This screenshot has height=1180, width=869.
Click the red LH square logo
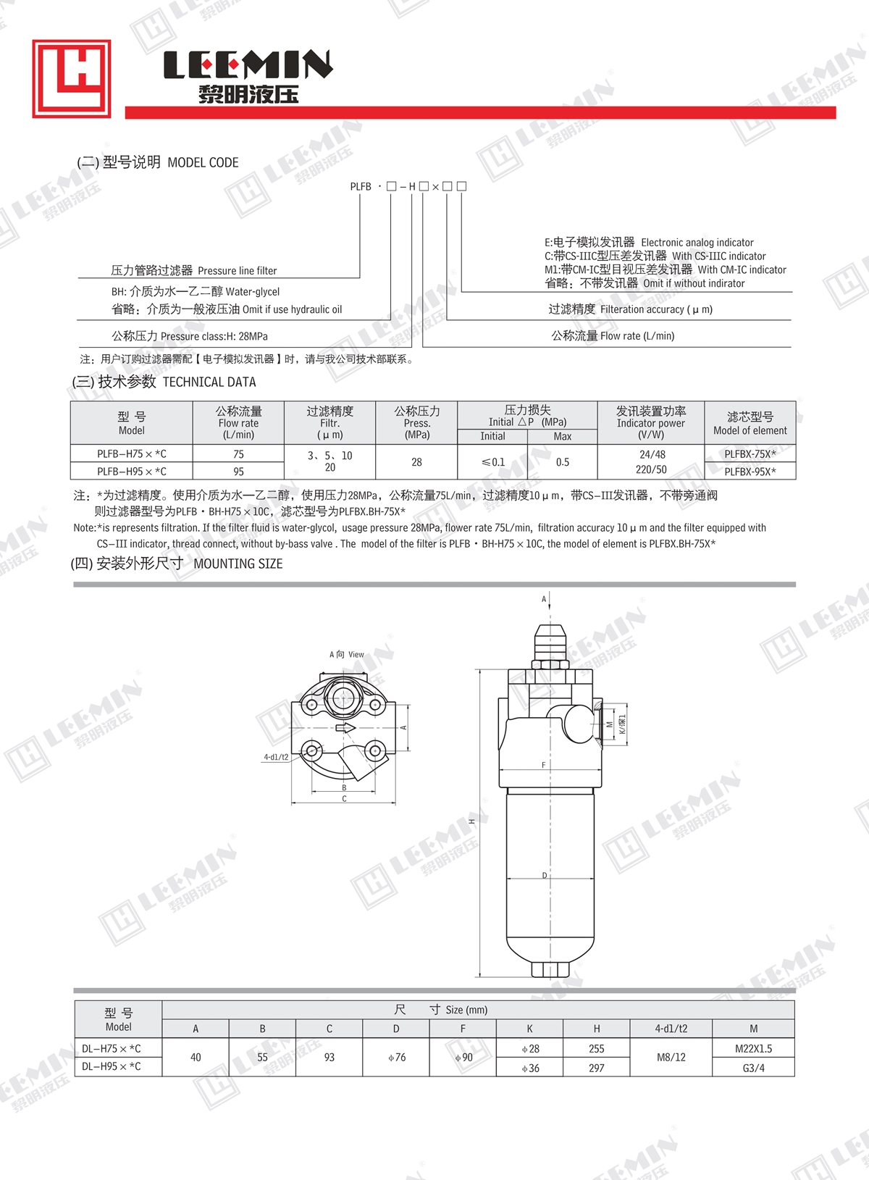click(x=72, y=78)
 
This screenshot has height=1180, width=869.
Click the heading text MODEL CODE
click(x=203, y=162)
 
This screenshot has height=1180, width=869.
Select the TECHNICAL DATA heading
click(x=209, y=382)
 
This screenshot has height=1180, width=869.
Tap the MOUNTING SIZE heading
click(x=238, y=564)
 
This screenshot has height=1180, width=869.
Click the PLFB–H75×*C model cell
click(x=132, y=453)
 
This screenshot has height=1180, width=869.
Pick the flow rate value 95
click(x=238, y=472)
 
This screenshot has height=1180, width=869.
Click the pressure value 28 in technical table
click(x=416, y=462)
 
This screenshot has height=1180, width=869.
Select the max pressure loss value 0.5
click(x=563, y=462)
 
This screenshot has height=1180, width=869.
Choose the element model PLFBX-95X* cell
click(x=750, y=472)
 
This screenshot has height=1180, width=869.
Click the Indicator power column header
click(x=651, y=423)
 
